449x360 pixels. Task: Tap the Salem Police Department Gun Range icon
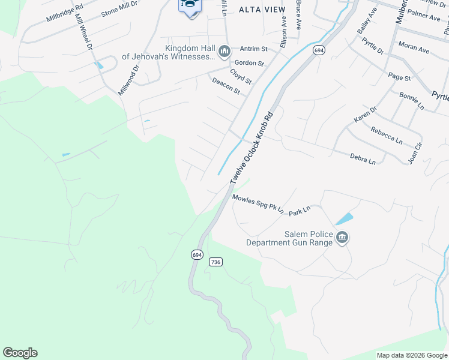pyautogui.click(x=342, y=238)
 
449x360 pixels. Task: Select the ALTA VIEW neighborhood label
pyautogui.click(x=262, y=9)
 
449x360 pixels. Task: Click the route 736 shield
pyautogui.click(x=216, y=262)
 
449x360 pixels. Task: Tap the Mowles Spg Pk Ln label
pyautogui.click(x=258, y=204)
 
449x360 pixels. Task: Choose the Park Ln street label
pyautogui.click(x=299, y=211)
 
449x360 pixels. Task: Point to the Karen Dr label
pyautogui.click(x=364, y=114)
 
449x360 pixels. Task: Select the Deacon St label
pyautogui.click(x=226, y=86)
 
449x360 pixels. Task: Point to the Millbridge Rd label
pyautogui.click(x=64, y=13)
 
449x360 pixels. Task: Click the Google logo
pyautogui.click(x=20, y=353)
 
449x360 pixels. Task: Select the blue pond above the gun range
pyautogui.click(x=345, y=218)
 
